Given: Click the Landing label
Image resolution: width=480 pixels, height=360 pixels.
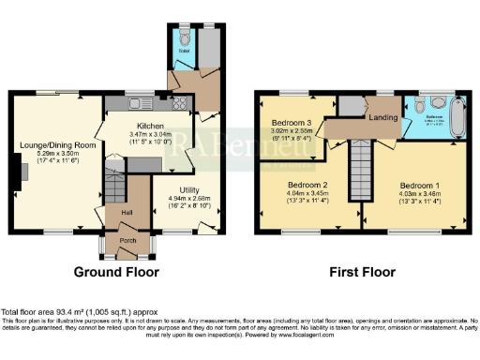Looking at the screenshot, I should click(384, 118).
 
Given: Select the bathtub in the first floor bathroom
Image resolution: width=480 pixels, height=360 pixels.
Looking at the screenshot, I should click(457, 117).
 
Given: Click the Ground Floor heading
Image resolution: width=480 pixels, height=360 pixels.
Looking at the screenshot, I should click(117, 273).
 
